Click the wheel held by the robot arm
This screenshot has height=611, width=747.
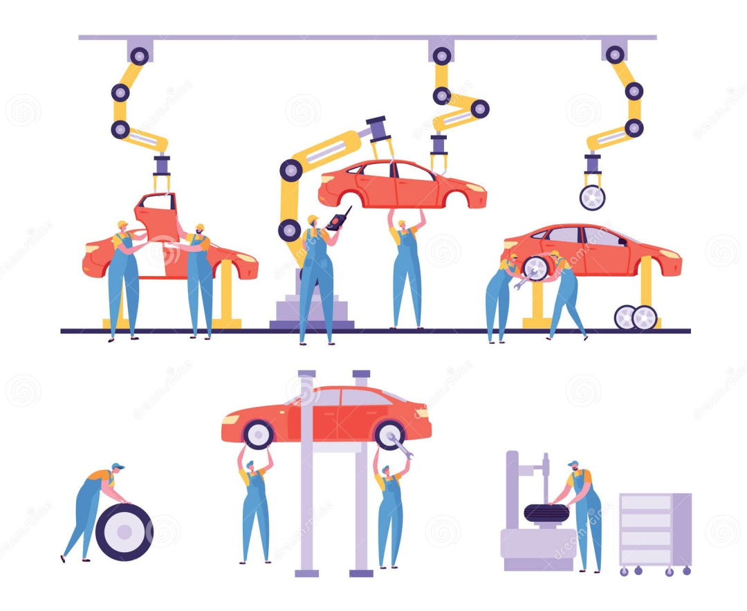(592, 197)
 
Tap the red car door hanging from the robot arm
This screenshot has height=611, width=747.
(156, 217)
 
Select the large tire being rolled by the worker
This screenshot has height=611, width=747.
(124, 531)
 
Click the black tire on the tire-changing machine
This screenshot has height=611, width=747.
(546, 513)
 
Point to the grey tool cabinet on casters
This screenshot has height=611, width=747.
(654, 530)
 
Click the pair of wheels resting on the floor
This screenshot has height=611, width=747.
(635, 317)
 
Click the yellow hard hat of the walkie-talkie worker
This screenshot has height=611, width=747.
(313, 219)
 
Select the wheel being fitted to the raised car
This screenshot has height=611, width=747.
(535, 268)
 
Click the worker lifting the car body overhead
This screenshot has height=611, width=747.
(407, 270)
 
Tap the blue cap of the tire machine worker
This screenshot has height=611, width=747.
(573, 464)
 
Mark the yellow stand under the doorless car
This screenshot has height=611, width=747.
(225, 298)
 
